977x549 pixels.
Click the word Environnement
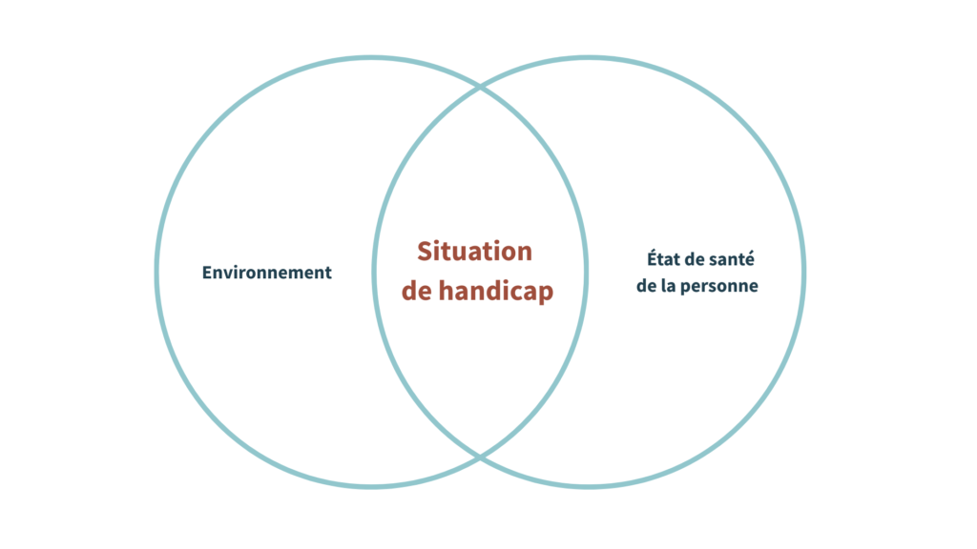(x=267, y=273)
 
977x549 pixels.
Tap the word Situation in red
(x=474, y=252)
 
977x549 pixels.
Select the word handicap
(x=496, y=292)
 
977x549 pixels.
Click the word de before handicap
(x=417, y=292)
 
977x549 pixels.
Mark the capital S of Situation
(x=424, y=252)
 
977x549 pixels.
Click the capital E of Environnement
(x=207, y=273)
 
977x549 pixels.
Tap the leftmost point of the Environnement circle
(x=156, y=273)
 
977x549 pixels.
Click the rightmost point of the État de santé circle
(x=803, y=273)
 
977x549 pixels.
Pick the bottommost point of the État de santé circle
(x=589, y=487)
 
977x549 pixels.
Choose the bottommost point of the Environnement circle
(x=371, y=487)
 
